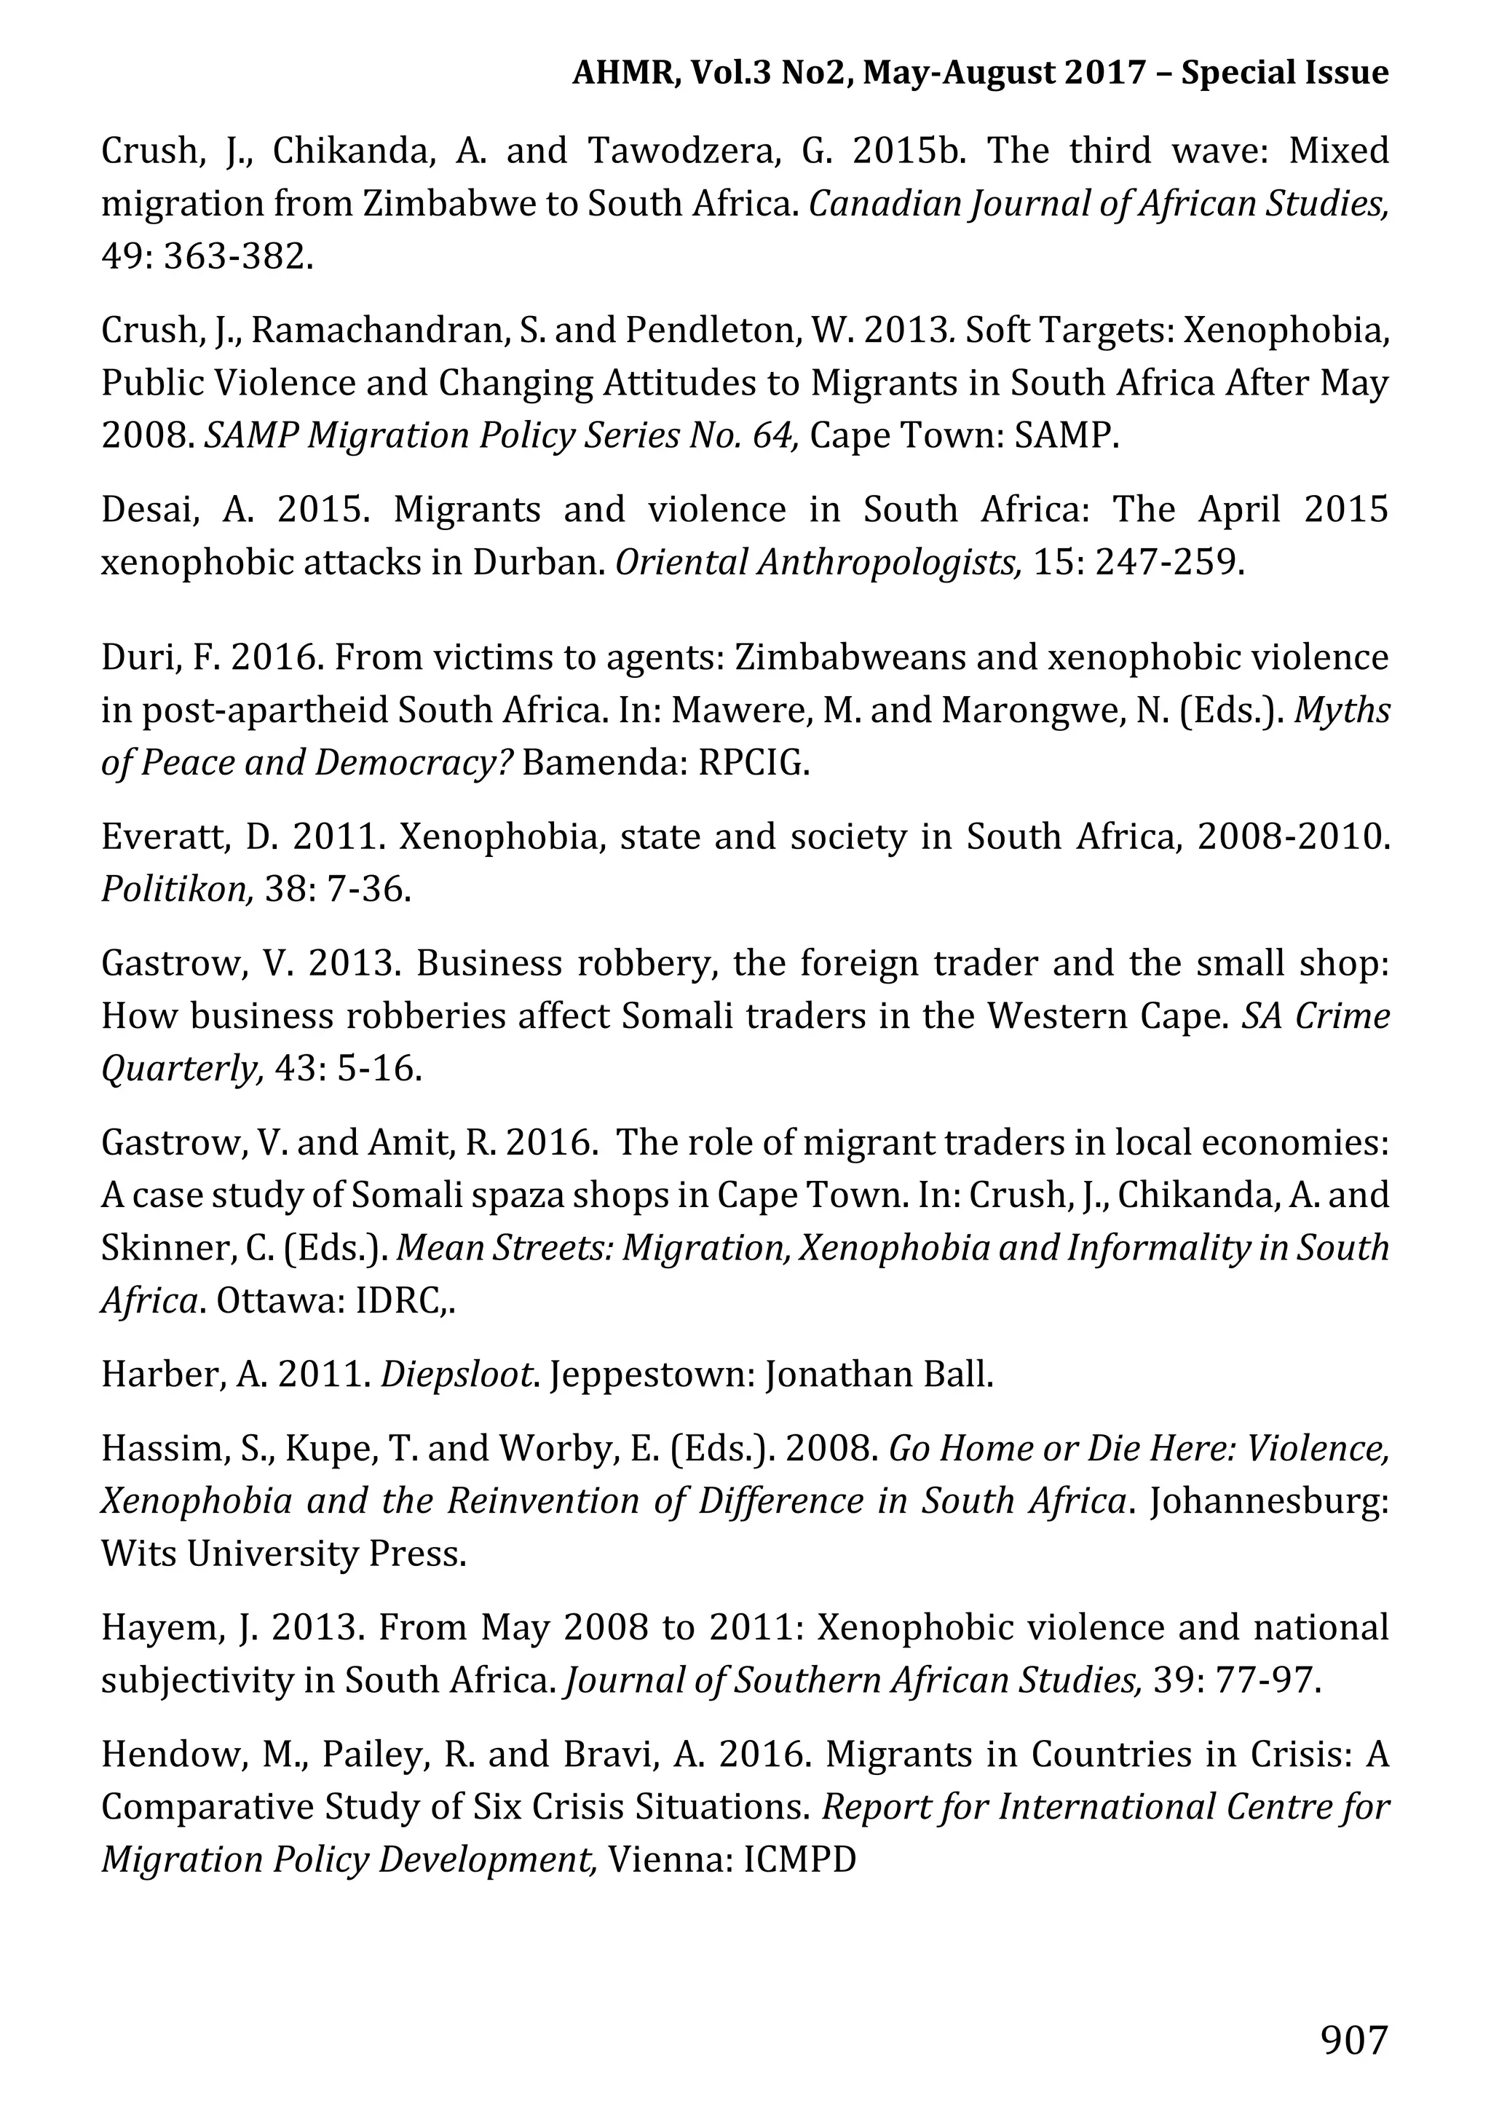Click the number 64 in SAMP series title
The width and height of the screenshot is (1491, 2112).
pos(772,435)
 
